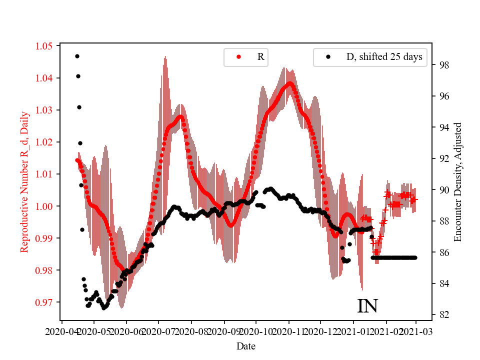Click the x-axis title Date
click(x=245, y=345)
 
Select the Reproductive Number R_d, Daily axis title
click(x=24, y=181)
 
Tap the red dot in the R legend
click(x=238, y=57)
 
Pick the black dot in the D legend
click(x=328, y=57)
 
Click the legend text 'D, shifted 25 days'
click(x=384, y=57)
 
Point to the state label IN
click(x=367, y=306)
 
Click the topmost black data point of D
click(x=77, y=56)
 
